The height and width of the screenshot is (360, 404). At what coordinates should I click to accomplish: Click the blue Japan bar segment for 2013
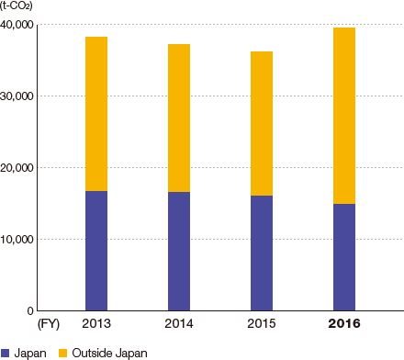[x=96, y=251]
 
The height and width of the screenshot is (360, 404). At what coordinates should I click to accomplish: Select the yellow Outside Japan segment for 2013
[x=96, y=114]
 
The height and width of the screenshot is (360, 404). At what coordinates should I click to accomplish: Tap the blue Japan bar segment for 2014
[x=179, y=252]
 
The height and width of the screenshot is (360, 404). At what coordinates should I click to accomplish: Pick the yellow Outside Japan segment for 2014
[x=179, y=118]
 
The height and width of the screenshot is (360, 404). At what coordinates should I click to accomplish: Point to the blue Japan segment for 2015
[x=262, y=253]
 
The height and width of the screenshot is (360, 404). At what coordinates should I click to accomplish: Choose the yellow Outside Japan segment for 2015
[x=262, y=123]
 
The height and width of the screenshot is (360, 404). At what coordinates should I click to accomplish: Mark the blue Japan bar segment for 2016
[x=344, y=257]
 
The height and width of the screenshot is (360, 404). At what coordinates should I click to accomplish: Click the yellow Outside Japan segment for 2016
[x=344, y=116]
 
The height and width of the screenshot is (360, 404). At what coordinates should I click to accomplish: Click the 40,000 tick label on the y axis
[x=19, y=24]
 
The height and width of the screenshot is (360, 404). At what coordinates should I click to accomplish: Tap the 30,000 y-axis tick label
[x=19, y=96]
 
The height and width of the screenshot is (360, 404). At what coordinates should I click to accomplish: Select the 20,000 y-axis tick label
[x=19, y=167]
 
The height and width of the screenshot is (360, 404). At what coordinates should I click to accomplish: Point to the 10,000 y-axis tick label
[x=19, y=239]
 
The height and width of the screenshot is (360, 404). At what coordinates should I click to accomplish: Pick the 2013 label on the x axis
[x=96, y=324]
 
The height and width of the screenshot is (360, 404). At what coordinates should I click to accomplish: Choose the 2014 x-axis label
[x=179, y=324]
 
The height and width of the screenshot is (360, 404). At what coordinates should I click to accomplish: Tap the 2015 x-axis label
[x=262, y=324]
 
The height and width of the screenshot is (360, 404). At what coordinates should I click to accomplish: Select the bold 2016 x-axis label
[x=344, y=324]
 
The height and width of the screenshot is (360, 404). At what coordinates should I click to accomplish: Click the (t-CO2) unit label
[x=19, y=7]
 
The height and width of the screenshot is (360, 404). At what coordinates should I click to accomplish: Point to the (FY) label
[x=47, y=324]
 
